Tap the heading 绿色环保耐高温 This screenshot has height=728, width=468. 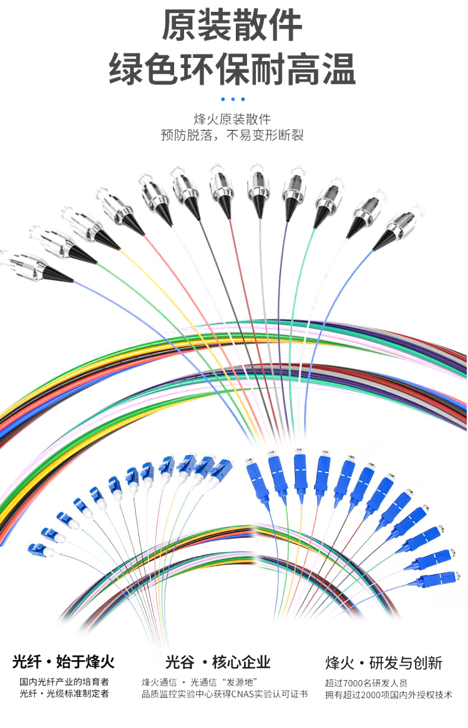coord(232,69)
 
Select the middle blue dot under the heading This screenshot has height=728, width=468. coord(233,99)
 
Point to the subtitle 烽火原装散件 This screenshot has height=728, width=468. coord(232,119)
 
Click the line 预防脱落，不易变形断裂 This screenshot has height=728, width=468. coord(232,135)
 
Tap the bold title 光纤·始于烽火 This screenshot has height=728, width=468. coord(64,661)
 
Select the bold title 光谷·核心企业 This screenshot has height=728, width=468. coord(218,661)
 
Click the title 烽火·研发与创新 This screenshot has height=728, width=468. coord(384,663)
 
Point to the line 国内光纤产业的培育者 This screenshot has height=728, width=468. coord(64,682)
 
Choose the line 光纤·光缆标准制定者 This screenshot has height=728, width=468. coord(64,694)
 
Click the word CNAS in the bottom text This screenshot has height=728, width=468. coord(243,694)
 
